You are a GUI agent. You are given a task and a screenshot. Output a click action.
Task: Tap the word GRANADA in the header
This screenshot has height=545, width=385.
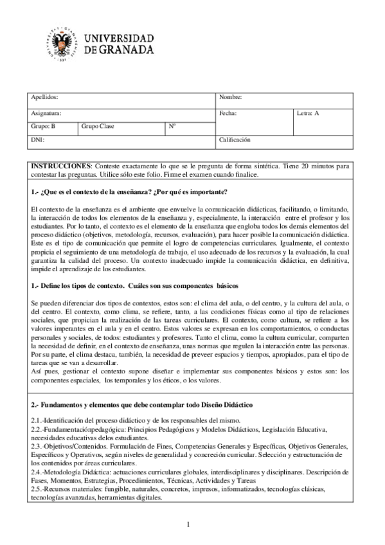[x=125, y=49]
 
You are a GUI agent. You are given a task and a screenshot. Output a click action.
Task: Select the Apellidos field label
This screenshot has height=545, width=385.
[x=44, y=97]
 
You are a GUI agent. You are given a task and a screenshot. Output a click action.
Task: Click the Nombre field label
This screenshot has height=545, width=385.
[x=230, y=97]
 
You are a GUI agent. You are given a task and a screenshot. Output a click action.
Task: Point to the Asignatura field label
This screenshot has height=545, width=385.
[x=46, y=113]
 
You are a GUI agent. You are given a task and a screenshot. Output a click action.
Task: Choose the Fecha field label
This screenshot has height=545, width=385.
[x=228, y=113]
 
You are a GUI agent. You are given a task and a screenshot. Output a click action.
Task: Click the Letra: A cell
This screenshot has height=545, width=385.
[x=307, y=113]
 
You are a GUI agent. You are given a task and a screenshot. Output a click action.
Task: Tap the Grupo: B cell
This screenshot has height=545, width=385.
[x=44, y=126]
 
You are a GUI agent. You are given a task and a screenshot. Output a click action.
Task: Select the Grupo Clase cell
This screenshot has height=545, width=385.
[x=98, y=126]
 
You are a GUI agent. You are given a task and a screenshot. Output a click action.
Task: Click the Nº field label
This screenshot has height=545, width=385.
[x=172, y=126]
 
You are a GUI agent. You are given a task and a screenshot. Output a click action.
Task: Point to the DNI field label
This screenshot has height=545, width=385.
[x=37, y=139]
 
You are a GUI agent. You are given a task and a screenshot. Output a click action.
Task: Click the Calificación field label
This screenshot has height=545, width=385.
[x=235, y=139]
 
